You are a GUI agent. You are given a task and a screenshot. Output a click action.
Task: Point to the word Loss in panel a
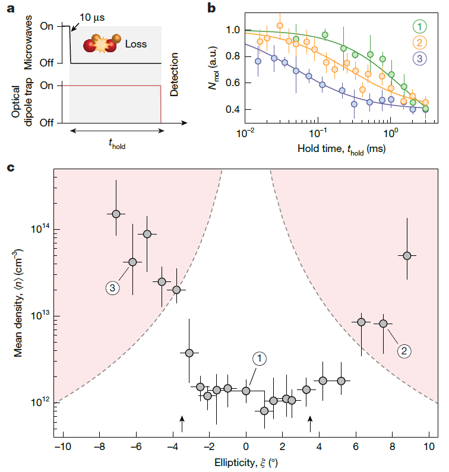135,43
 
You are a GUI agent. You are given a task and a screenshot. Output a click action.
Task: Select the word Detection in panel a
174,75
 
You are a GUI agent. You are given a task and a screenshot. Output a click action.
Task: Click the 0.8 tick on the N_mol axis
228,56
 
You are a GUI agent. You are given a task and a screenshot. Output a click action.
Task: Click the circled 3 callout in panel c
113,287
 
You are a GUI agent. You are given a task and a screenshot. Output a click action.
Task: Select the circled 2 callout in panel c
404,351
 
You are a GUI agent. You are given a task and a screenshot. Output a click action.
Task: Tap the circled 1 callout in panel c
260,358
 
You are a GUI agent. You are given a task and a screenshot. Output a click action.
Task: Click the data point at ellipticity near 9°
407,255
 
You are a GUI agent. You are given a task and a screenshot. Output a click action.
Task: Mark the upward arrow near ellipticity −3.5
182,423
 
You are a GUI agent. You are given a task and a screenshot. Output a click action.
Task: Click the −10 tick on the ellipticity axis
62,446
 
